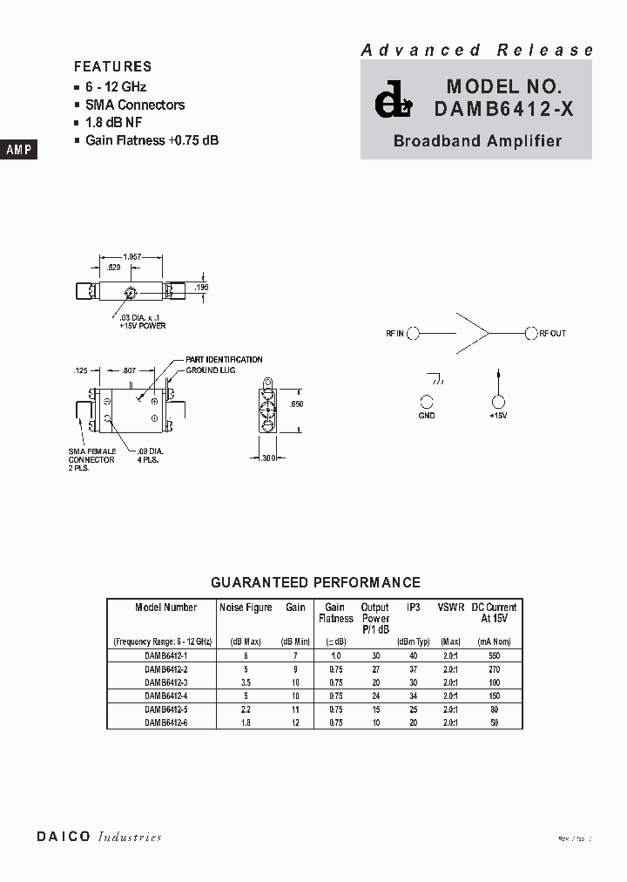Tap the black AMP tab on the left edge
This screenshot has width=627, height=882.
18,150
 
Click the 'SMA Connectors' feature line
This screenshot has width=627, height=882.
135,105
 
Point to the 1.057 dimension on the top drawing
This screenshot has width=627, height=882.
132,256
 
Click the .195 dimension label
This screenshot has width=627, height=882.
202,287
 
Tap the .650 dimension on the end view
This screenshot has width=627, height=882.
296,404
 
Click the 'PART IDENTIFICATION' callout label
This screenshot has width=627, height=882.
224,359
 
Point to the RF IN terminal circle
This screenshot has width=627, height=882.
415,333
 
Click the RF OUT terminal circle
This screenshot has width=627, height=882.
530,333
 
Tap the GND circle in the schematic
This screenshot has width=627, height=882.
427,402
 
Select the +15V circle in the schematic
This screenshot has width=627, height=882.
498,402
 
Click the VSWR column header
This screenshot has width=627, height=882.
451,607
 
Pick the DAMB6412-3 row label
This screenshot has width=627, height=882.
166,682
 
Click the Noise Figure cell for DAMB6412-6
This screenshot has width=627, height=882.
246,722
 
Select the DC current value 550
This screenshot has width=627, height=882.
494,655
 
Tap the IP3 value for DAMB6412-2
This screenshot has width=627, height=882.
413,669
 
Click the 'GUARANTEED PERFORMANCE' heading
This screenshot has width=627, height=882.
316,582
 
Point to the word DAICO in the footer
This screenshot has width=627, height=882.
64,837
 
